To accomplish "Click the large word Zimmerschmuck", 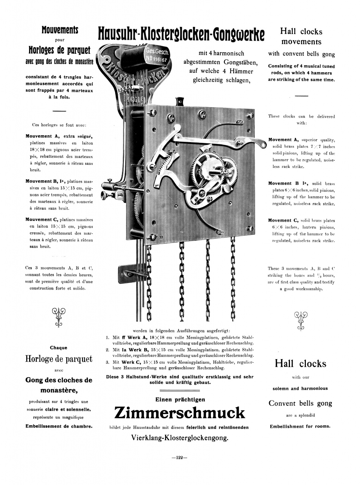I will pos(179,413).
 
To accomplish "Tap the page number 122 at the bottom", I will pos(179,457).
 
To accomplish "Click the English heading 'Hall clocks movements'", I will pos(301,36).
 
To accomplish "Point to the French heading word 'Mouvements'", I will pos(60,30).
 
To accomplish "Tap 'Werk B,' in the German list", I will pos(140,350).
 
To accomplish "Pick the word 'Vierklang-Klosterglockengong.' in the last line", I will pos(179,438).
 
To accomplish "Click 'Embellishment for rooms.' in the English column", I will pos(300,426).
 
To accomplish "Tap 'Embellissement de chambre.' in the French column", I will pos(59,426).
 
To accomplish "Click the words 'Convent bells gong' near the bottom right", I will pos(300,403).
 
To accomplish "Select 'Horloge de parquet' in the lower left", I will pos(59,359).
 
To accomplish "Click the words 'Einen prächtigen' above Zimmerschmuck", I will pos(180,399).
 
